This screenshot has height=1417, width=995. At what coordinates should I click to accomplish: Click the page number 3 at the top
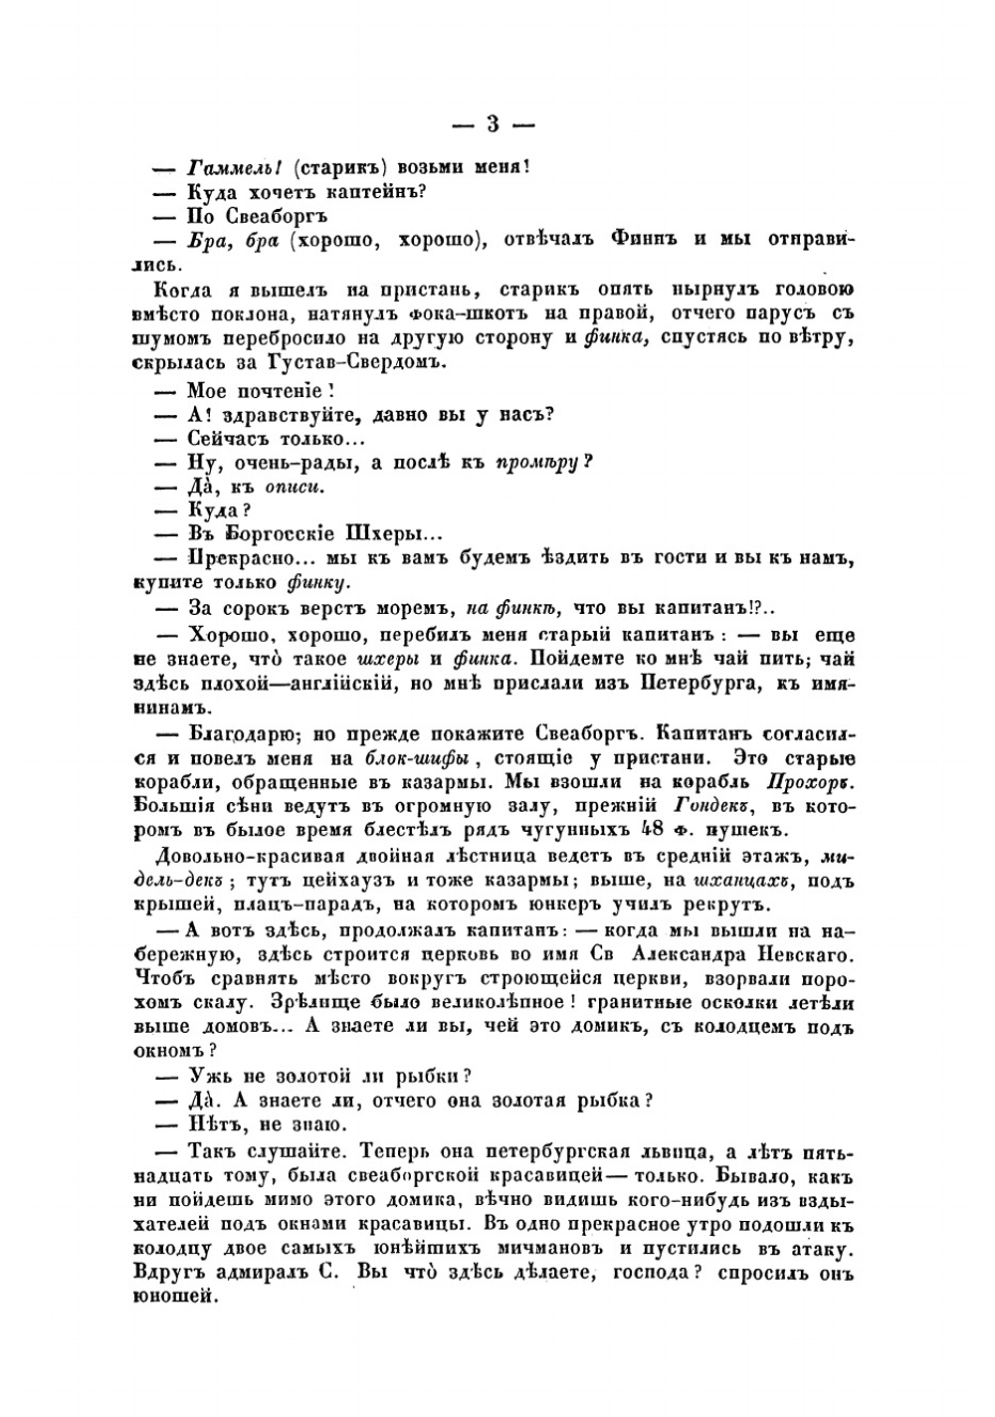coord(494,124)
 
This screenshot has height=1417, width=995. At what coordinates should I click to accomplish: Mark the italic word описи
coord(295,488)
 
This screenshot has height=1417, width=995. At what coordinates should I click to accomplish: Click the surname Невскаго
coord(802,955)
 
